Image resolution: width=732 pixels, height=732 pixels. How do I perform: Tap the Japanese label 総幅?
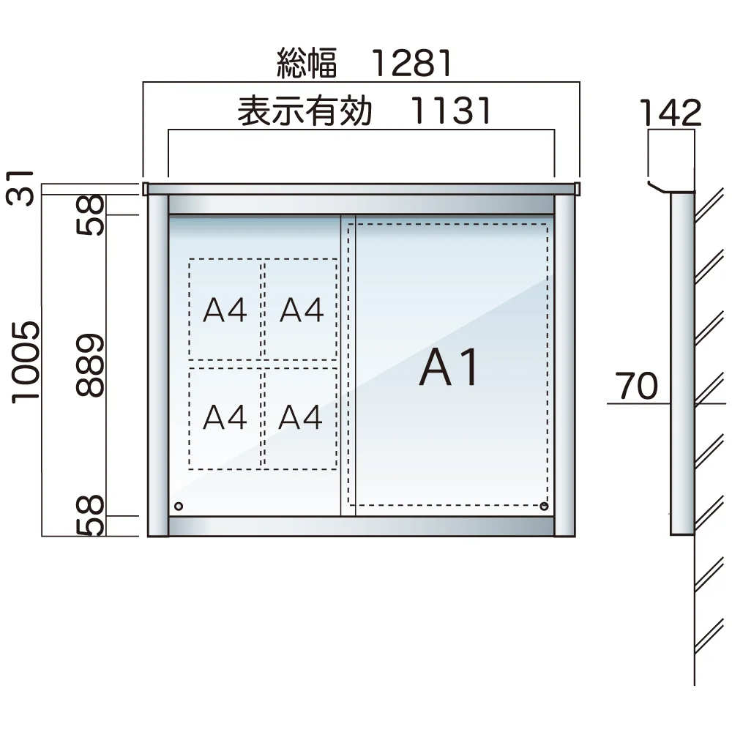point(307,64)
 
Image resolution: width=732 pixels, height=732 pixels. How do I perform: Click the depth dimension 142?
point(671,113)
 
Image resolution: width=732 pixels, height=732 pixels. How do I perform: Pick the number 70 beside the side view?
point(636,386)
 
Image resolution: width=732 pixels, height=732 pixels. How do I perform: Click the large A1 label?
point(449,368)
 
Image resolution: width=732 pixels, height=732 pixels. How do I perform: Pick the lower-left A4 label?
point(225,418)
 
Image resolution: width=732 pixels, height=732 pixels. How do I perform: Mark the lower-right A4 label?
point(302,418)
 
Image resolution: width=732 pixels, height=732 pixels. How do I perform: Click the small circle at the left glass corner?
point(178,506)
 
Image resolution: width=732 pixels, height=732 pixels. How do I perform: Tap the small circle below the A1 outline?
point(543,507)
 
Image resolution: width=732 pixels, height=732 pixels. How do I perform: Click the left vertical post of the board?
point(158,366)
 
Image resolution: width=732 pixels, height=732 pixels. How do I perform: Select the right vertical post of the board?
point(564,366)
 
